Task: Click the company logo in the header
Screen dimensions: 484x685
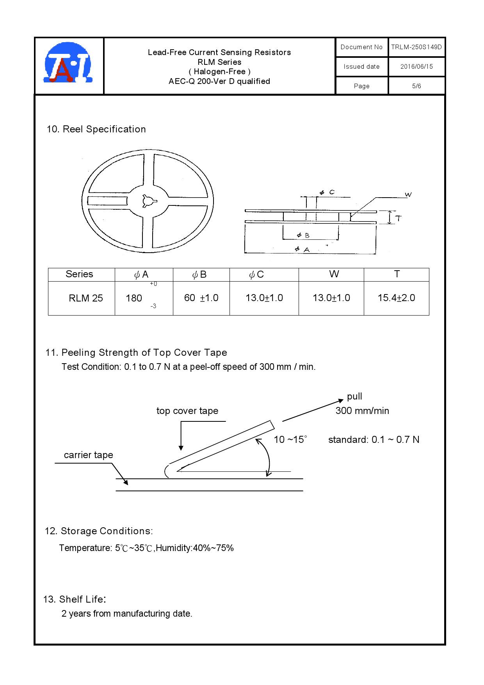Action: click(x=69, y=62)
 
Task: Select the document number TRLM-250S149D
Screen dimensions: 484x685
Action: click(x=416, y=47)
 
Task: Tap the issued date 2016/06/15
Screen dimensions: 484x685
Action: click(x=416, y=66)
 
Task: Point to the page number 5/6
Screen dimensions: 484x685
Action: click(x=416, y=86)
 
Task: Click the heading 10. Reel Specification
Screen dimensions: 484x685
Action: click(x=96, y=129)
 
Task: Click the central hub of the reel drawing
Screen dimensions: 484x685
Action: click(x=148, y=201)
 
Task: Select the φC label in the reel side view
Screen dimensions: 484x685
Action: click(x=327, y=192)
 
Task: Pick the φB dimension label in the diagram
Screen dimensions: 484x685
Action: click(x=303, y=235)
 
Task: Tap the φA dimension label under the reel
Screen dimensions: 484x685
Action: click(x=302, y=249)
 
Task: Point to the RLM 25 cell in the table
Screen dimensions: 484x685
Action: click(x=86, y=298)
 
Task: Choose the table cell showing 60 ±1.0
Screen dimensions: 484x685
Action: click(x=201, y=298)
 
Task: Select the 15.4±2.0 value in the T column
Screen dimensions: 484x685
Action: click(x=396, y=298)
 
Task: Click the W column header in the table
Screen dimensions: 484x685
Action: click(x=334, y=274)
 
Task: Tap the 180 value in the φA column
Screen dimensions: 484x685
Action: click(x=134, y=298)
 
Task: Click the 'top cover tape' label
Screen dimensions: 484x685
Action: click(x=187, y=411)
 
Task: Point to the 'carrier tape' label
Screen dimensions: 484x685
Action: click(x=89, y=455)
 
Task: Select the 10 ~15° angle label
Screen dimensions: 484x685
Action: click(x=290, y=439)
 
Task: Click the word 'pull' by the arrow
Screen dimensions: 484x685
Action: click(x=354, y=397)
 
